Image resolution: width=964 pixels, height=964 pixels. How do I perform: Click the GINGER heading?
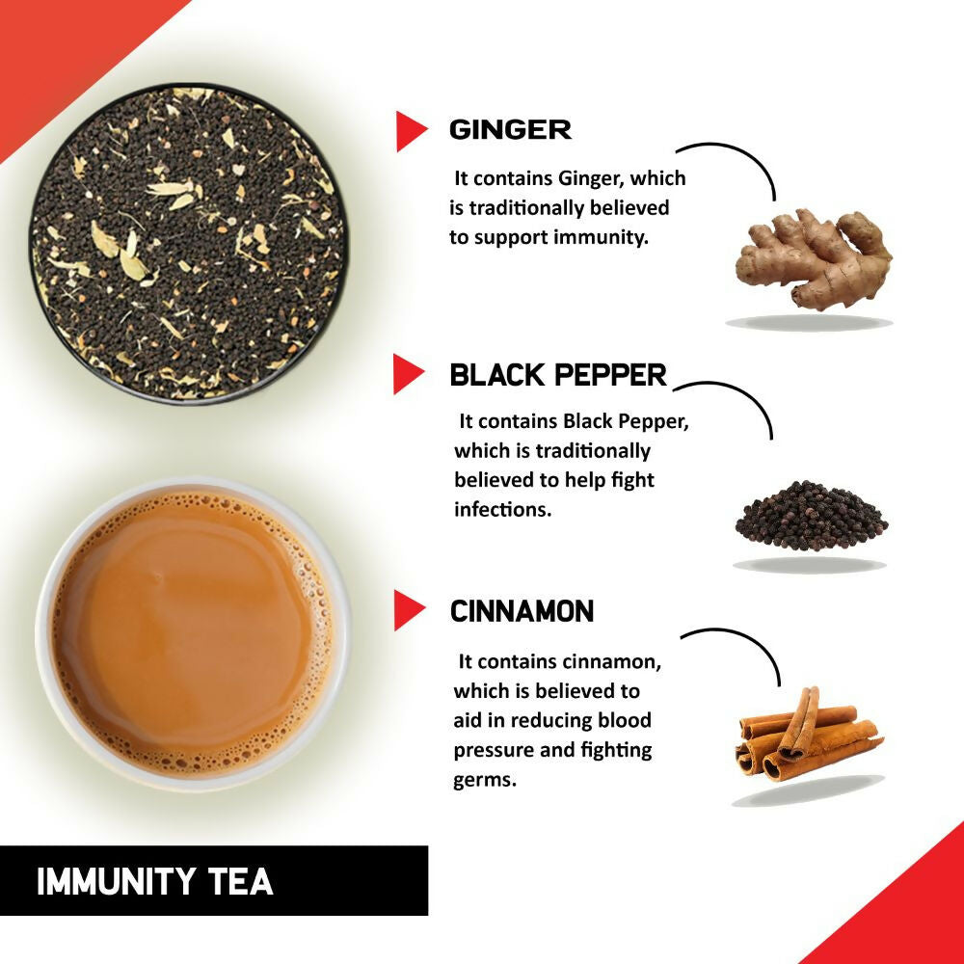(x=510, y=130)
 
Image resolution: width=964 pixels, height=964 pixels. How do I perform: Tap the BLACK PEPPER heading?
(x=558, y=375)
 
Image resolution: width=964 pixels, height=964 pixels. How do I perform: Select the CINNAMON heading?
(x=522, y=611)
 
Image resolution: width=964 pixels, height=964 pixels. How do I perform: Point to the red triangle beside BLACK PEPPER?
(x=407, y=374)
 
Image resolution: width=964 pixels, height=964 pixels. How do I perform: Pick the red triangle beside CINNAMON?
(x=408, y=611)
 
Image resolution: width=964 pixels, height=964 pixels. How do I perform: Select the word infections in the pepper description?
(x=502, y=509)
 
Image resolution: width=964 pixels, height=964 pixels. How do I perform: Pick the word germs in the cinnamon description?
(x=485, y=779)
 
